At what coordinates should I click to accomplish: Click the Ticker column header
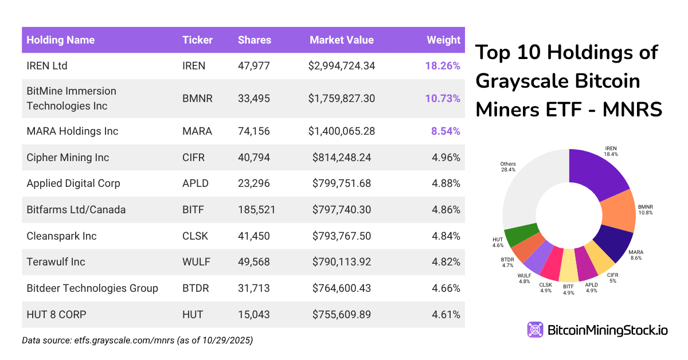pyautogui.click(x=197, y=40)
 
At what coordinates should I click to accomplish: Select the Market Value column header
pyautogui.click(x=341, y=40)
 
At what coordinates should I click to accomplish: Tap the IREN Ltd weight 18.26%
pyautogui.click(x=442, y=66)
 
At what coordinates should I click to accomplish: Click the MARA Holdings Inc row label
pyautogui.click(x=72, y=131)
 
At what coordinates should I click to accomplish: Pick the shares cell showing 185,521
pyautogui.click(x=256, y=210)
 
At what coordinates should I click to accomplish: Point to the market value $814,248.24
pyautogui.click(x=342, y=158)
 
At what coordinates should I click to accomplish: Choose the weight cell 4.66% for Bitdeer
pyautogui.click(x=446, y=288)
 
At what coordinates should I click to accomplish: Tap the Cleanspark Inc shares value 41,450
pyautogui.click(x=253, y=236)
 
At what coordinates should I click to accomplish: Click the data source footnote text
pyautogui.click(x=138, y=341)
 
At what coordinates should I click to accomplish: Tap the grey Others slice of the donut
pyautogui.click(x=527, y=189)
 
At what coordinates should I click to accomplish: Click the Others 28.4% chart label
pyautogui.click(x=508, y=166)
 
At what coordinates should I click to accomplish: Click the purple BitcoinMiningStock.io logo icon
pyautogui.click(x=535, y=330)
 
